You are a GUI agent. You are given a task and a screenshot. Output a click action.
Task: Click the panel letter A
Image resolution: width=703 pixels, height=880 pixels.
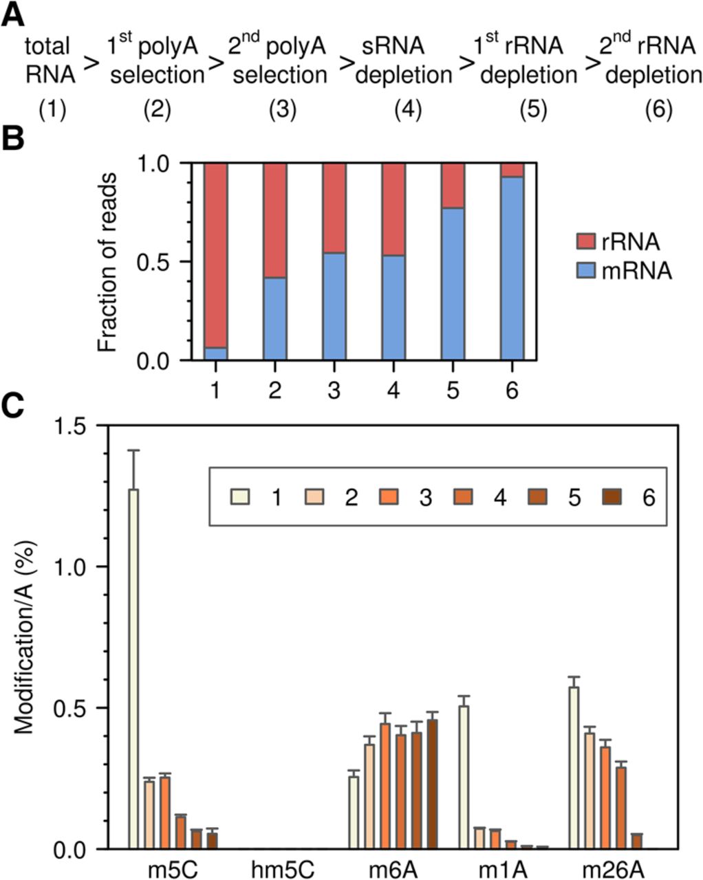click(12, 14)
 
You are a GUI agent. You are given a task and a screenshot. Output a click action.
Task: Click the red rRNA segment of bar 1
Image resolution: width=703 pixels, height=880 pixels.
click(215, 254)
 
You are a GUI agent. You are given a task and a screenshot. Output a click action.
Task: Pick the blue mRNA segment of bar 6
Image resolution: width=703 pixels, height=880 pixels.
click(512, 268)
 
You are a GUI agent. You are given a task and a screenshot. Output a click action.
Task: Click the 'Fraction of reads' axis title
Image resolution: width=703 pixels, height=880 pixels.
click(107, 262)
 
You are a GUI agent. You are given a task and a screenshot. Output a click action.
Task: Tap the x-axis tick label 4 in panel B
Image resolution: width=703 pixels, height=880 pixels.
click(393, 390)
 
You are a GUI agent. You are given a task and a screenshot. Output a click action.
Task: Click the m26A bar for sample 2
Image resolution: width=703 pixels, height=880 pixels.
click(588, 791)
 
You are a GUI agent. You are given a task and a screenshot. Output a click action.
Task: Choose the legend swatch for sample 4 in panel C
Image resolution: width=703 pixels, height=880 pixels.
click(461, 497)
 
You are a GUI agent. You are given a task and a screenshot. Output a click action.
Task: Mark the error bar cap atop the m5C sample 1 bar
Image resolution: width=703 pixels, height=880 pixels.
click(133, 450)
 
